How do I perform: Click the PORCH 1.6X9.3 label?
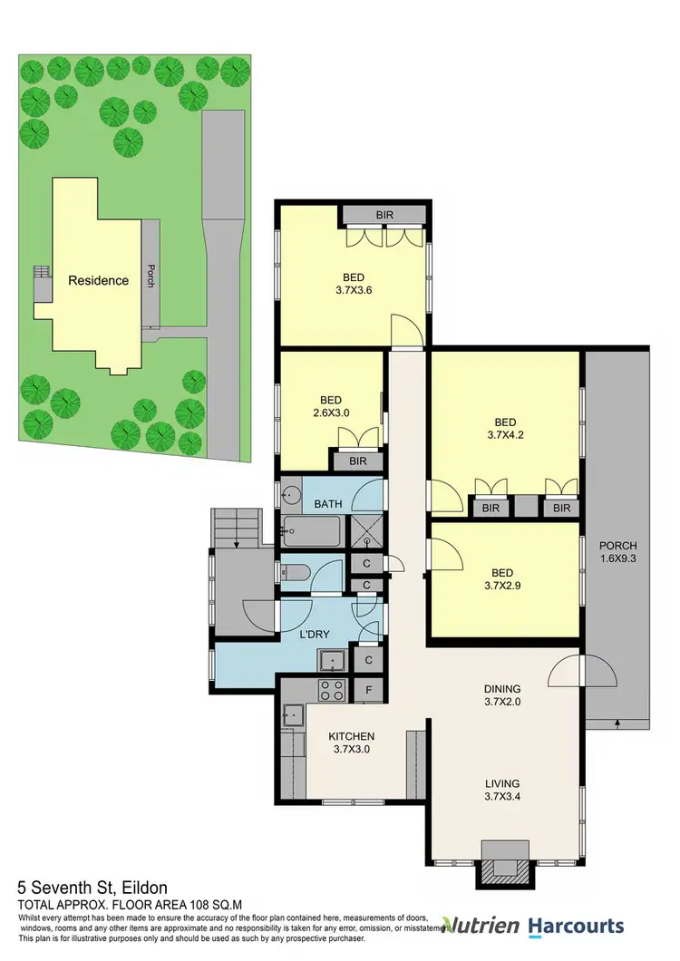coord(617,552)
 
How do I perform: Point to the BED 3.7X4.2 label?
coord(505,429)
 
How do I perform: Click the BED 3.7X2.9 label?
coord(502,579)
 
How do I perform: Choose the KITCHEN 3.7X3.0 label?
coord(352,743)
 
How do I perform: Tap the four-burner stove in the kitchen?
coord(331,690)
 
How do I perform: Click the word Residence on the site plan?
coord(98,280)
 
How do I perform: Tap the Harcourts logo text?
coord(578,926)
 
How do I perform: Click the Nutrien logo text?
coord(487,926)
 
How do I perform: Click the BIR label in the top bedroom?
coord(383,216)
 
